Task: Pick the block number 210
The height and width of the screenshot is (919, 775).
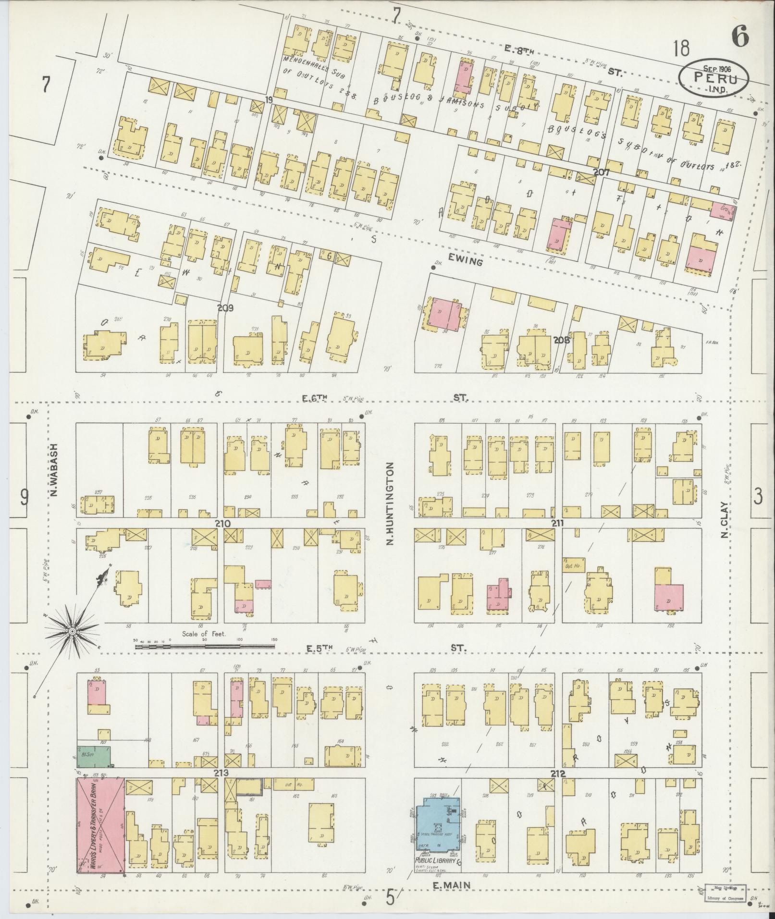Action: pos(224,523)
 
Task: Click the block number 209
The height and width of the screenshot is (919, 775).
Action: pos(225,308)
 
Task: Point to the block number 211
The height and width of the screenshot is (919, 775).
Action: pos(557,523)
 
